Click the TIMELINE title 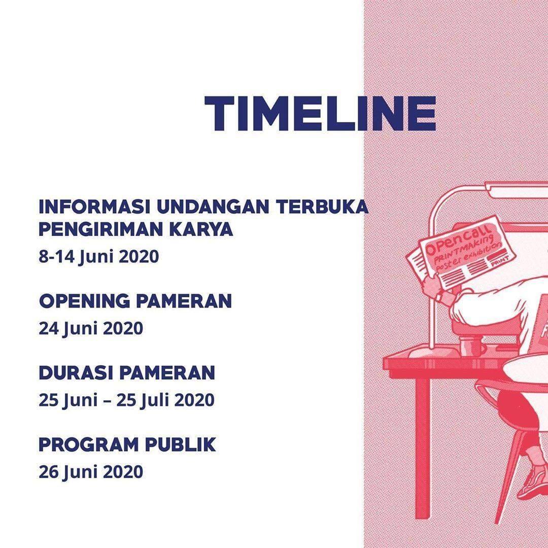pos(320,113)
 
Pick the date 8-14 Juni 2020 pos(99,256)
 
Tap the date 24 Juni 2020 pos(91,328)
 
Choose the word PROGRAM pos(87,445)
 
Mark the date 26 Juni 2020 pos(91,472)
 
